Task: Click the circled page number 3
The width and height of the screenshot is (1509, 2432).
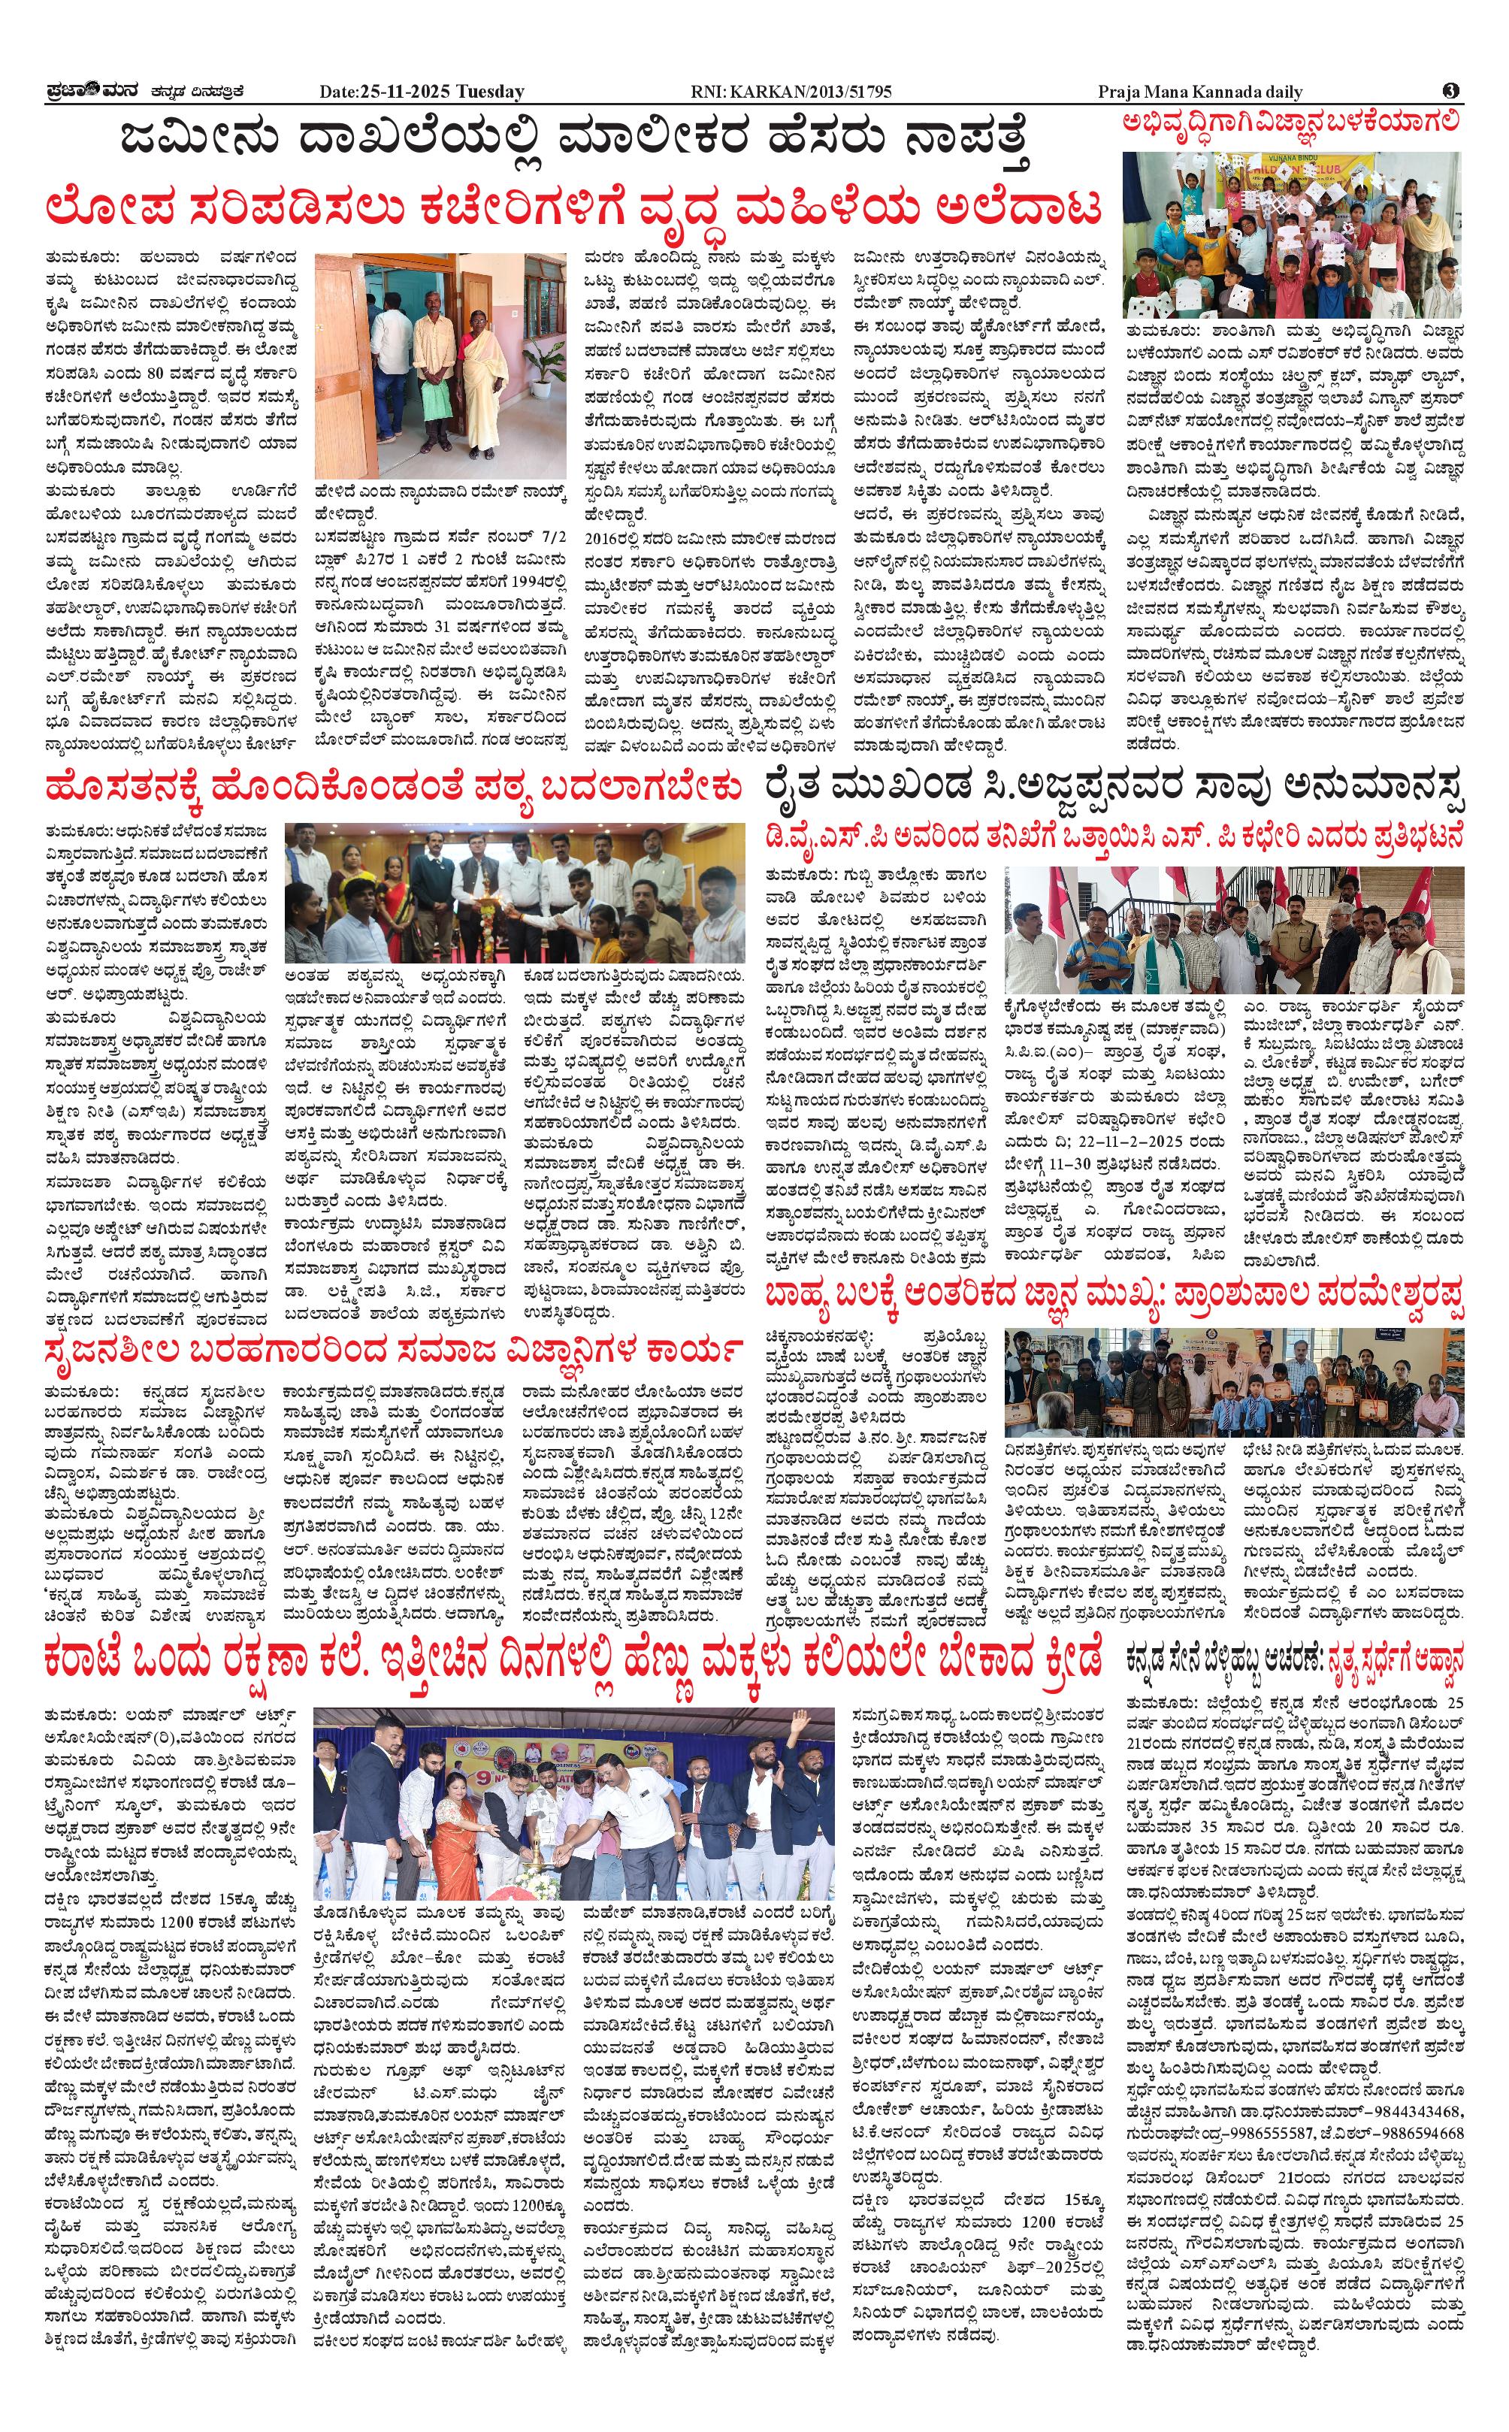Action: coord(1450,91)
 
